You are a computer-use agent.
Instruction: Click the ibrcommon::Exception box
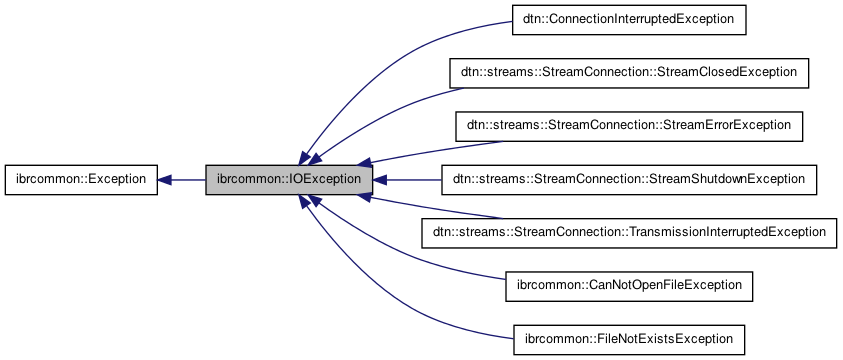tap(81, 180)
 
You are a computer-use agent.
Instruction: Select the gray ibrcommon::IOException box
tap(290, 180)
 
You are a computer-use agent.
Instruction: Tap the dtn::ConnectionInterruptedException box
tap(630, 19)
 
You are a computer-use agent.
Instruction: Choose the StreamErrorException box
tap(630, 126)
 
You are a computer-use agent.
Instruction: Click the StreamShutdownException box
tap(630, 180)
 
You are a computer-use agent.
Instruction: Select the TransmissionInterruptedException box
tap(630, 233)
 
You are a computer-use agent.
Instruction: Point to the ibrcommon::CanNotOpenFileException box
tap(630, 286)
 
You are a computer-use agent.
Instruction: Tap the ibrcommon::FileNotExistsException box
tap(630, 339)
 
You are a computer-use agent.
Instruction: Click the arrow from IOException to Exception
tap(185, 180)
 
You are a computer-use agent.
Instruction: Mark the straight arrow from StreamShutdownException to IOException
tap(410, 180)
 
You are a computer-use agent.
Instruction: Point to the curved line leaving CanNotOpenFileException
tap(420, 266)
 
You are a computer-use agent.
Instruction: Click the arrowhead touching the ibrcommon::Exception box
tap(166, 180)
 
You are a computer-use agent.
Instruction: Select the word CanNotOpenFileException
tap(662, 286)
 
